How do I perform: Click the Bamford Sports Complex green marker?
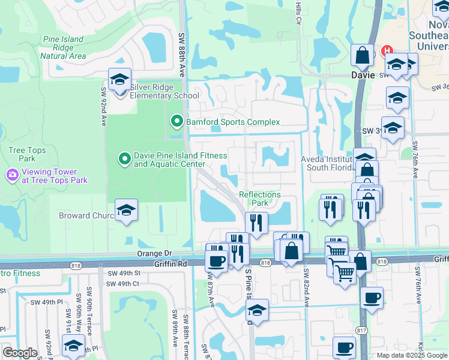coord(176,122)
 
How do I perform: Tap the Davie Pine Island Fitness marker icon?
coord(125,159)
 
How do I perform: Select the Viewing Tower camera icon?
coord(12,175)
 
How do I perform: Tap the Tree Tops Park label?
coord(22,154)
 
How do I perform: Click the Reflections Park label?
coord(260,199)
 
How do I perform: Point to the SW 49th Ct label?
coord(123,284)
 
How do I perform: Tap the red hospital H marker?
coord(387,52)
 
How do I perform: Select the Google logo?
coord(20,353)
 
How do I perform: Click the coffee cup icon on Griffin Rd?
coord(216,261)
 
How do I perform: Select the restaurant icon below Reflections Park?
coord(256,223)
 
